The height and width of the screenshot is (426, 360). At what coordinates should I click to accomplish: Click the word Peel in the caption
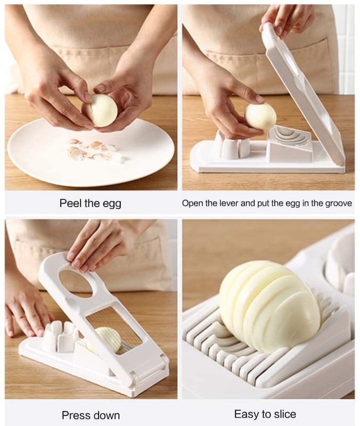coord(71,203)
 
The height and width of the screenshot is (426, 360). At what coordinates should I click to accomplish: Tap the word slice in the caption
coord(285,414)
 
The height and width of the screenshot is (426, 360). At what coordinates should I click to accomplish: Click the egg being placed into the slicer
coord(260,116)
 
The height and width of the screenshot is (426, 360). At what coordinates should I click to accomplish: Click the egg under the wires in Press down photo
coord(104,340)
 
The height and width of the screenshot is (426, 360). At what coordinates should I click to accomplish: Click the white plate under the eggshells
coord(91,152)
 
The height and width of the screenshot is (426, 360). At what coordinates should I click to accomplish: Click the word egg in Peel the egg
coord(111,204)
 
